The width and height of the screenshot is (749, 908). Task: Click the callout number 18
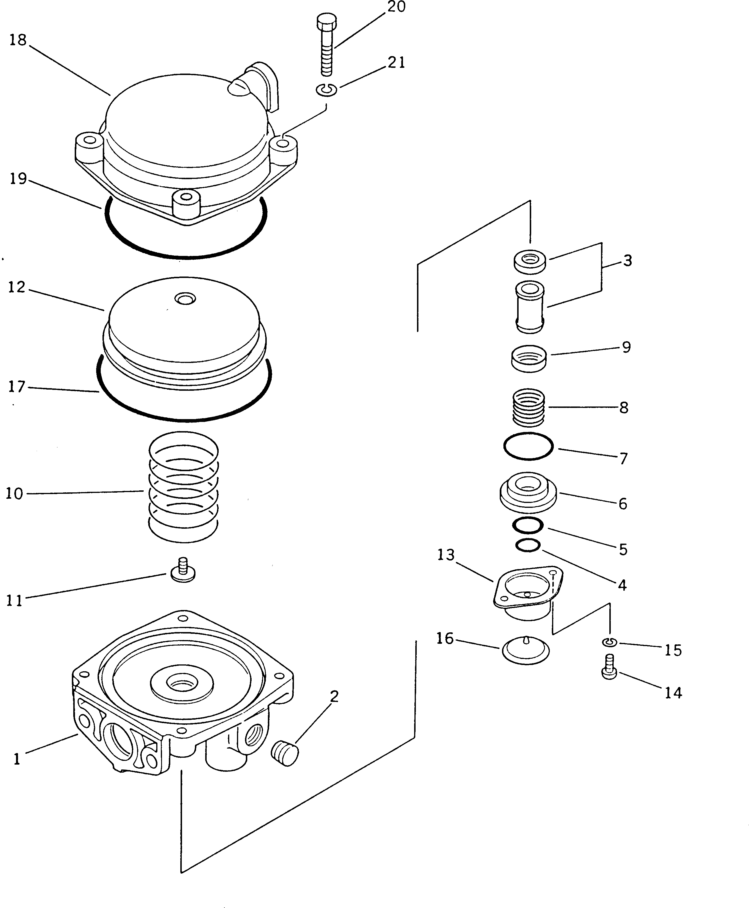coord(18,40)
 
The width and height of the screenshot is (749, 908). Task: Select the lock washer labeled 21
coord(327,90)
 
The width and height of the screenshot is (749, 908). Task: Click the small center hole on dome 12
coord(185,298)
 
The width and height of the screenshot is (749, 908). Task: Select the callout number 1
coord(17,759)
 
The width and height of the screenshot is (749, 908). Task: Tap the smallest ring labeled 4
coord(528,546)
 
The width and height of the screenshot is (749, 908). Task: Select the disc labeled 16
coord(525,650)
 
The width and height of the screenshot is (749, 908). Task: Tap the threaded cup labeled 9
coord(529,358)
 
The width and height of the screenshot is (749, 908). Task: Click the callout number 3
coord(627,261)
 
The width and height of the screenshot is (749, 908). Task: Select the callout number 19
coord(18,179)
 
